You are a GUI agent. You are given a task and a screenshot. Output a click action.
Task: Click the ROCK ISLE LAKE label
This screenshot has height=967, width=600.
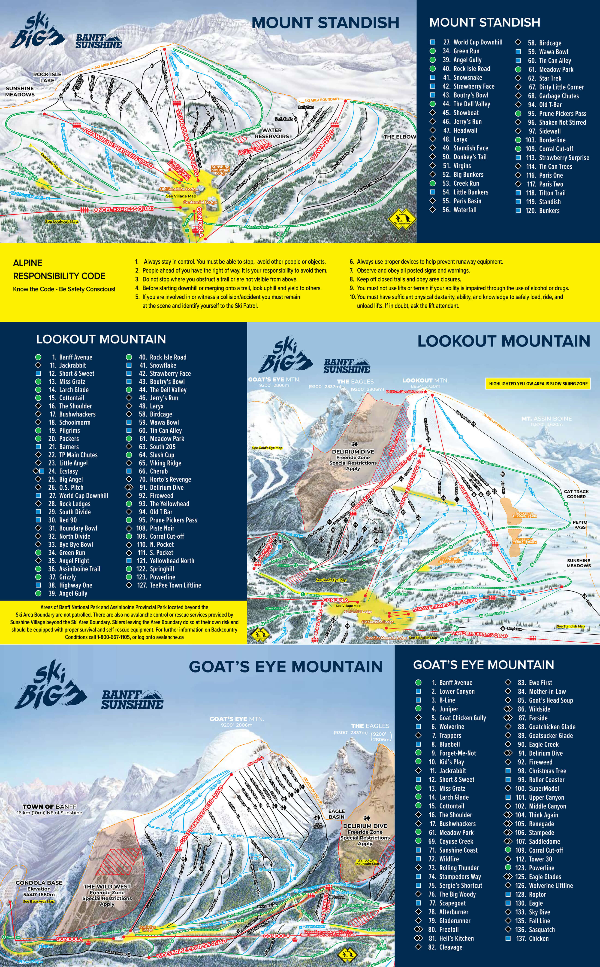47,77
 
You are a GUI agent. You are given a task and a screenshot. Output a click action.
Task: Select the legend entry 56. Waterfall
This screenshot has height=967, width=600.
459,210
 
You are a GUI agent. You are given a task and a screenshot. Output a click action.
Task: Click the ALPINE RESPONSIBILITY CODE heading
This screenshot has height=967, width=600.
59,269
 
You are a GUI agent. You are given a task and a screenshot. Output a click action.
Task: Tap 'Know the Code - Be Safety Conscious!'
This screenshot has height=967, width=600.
64,289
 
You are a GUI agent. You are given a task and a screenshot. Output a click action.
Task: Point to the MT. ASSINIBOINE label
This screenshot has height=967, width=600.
546,419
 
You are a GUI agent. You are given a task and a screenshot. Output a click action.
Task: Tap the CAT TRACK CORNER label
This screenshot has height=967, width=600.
576,494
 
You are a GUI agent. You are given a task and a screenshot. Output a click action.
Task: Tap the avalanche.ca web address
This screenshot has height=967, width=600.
169,637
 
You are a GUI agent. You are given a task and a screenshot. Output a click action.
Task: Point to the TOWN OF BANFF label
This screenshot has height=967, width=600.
50,807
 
